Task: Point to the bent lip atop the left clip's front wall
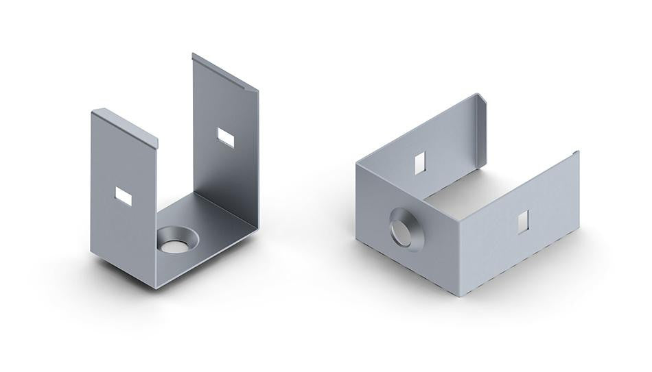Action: coord(125,127)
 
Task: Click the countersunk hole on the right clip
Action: coord(406,230)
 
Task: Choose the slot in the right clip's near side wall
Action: coord(523,221)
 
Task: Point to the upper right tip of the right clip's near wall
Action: coord(577,152)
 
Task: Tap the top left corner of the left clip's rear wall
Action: coord(193,54)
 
